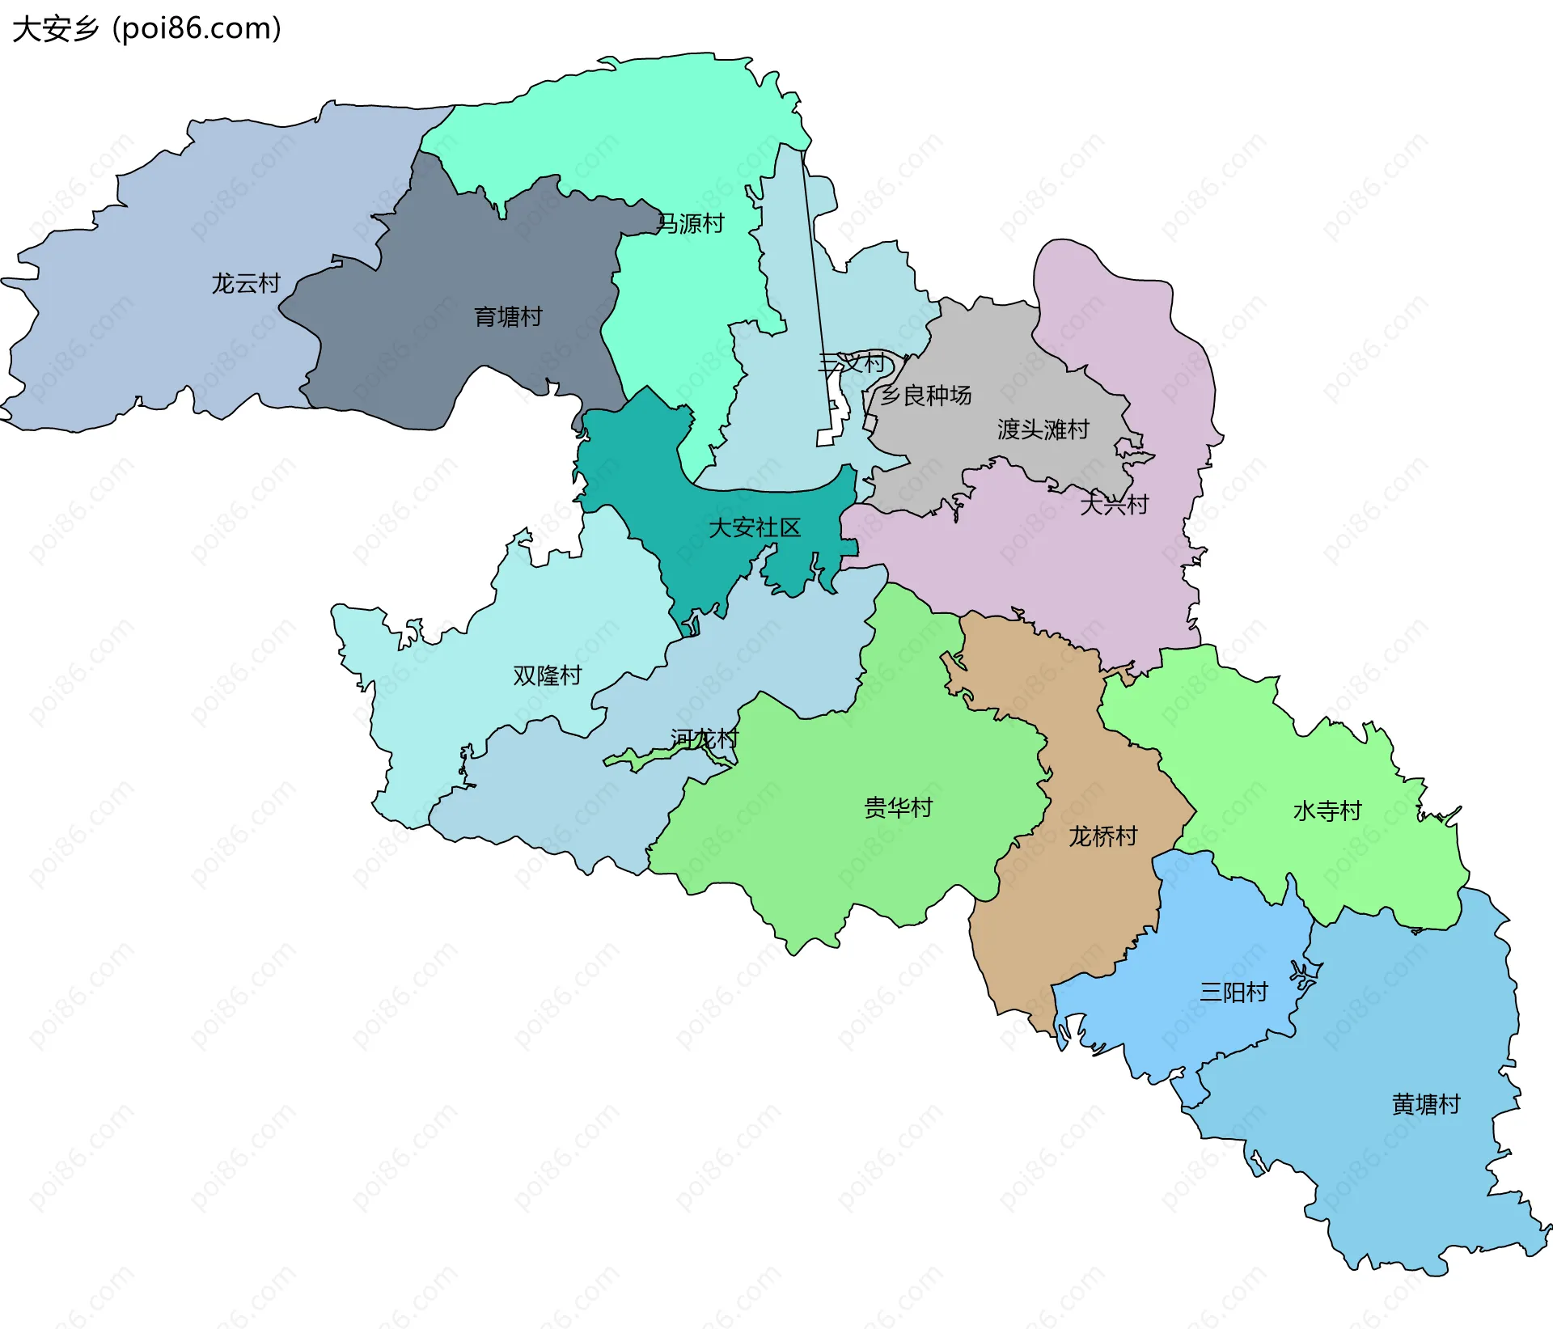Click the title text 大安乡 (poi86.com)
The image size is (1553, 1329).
(x=146, y=29)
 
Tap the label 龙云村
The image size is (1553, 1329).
(x=246, y=284)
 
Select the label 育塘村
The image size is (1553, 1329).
(x=508, y=317)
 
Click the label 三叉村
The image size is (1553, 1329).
(x=852, y=362)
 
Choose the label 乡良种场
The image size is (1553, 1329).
(x=925, y=396)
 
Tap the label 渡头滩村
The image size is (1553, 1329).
(x=1043, y=430)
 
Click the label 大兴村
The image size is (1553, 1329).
(x=1114, y=505)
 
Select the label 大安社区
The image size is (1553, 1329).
(x=754, y=528)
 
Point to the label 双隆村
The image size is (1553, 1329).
(x=548, y=676)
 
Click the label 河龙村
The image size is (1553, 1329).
(x=705, y=739)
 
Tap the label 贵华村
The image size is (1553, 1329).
(x=898, y=808)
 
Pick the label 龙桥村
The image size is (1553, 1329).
(x=1103, y=836)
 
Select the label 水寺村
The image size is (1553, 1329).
(x=1327, y=811)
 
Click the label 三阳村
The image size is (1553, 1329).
(x=1234, y=993)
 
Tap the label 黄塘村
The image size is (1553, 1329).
(x=1426, y=1105)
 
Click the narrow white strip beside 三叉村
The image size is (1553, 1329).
(x=824, y=438)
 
